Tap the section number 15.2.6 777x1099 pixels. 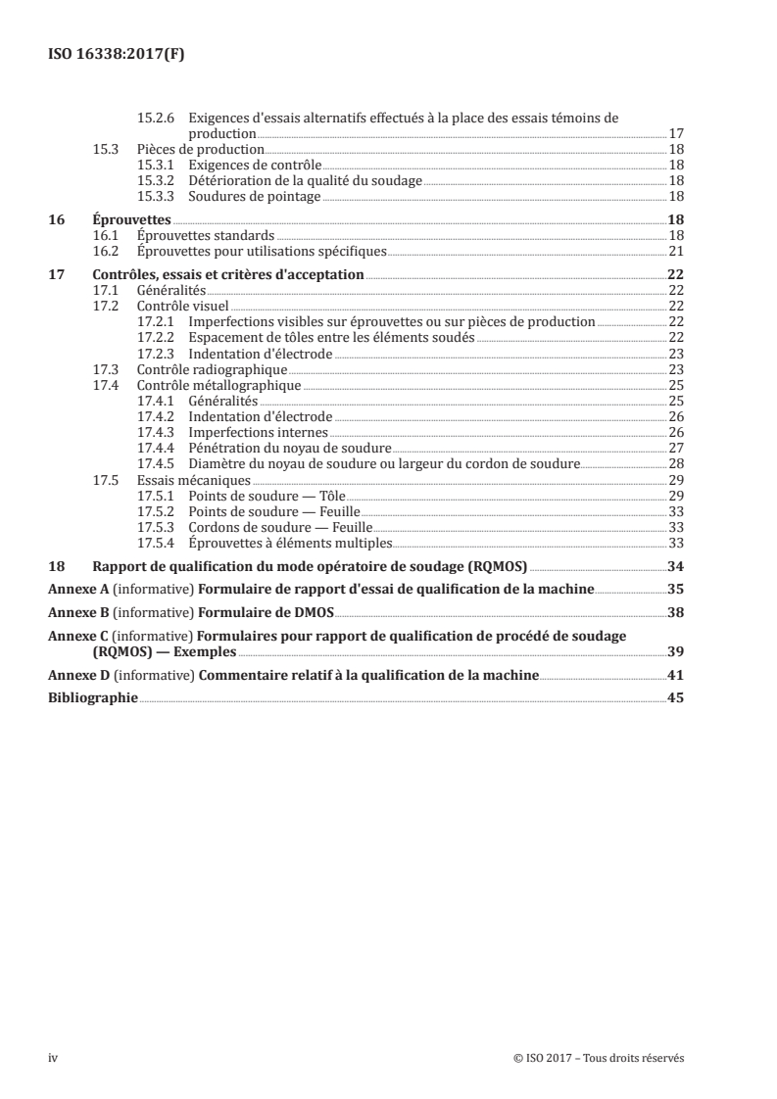157,119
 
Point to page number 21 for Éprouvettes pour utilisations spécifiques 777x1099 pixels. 675,252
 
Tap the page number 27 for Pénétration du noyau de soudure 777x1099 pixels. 675,448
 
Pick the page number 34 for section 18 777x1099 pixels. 675,567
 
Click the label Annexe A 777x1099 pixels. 79,590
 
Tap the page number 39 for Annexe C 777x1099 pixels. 675,651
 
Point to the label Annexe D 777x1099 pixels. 79,675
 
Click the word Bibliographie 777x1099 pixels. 93,698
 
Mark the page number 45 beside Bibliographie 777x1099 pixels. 675,698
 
